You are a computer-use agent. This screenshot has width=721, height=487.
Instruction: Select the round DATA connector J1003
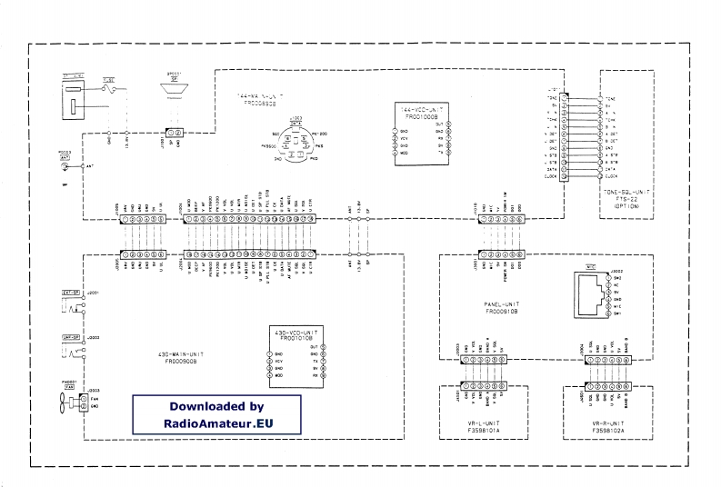pyautogui.click(x=295, y=141)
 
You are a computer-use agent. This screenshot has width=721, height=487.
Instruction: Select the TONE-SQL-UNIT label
pyautogui.click(x=626, y=195)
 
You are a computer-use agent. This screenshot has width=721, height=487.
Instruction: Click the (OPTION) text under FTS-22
pyautogui.click(x=626, y=209)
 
